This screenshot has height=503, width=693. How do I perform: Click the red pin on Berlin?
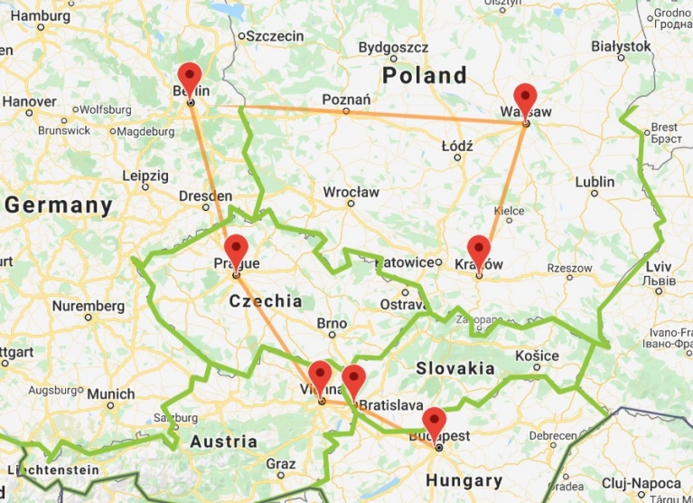click(x=189, y=77)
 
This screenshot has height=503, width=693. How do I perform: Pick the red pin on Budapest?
click(x=435, y=422)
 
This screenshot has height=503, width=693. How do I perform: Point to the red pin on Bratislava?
click(x=353, y=380)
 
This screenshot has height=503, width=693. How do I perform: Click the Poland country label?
click(x=424, y=75)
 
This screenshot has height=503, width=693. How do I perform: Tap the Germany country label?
click(x=58, y=205)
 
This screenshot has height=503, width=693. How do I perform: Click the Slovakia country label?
click(x=454, y=368)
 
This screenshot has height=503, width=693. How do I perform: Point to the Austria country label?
click(x=223, y=441)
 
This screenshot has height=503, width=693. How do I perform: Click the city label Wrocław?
click(x=351, y=192)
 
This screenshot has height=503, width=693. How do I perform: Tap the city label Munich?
click(x=111, y=394)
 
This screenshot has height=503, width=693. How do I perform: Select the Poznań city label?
click(x=345, y=99)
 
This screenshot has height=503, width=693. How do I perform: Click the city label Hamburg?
click(x=41, y=15)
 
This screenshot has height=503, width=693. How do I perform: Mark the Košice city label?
click(x=537, y=356)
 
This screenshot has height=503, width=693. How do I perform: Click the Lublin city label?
click(x=595, y=182)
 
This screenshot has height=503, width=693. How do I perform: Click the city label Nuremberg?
click(x=88, y=306)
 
